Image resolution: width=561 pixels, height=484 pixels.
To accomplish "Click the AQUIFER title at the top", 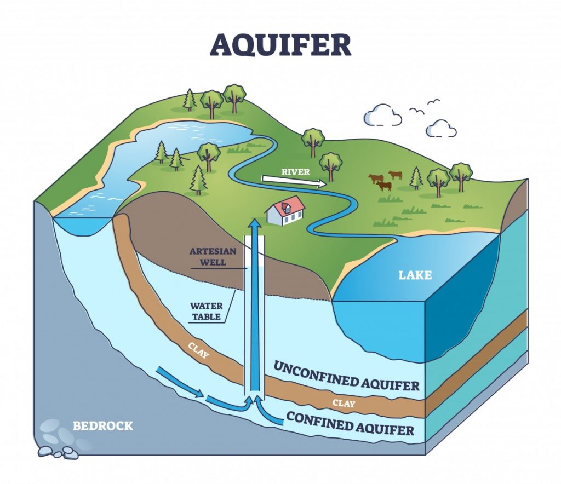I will pyautogui.click(x=280, y=45).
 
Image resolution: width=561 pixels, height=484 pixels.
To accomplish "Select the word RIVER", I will pyautogui.click(x=296, y=172).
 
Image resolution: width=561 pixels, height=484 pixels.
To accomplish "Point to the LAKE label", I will pyautogui.click(x=415, y=275).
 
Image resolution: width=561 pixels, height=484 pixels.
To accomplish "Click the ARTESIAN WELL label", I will pyautogui.click(x=213, y=257).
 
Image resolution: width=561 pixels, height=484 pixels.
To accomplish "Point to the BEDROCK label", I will pyautogui.click(x=102, y=425).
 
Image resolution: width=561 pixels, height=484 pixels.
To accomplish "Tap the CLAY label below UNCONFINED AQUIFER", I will pyautogui.click(x=344, y=404).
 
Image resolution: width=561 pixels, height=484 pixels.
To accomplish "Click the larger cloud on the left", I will pyautogui.click(x=382, y=116).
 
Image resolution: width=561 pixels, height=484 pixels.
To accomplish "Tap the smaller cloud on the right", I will pyautogui.click(x=441, y=129).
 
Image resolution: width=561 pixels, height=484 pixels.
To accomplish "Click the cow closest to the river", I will pyautogui.click(x=376, y=178).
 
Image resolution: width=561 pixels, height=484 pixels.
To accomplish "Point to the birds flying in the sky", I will pyautogui.click(x=425, y=107).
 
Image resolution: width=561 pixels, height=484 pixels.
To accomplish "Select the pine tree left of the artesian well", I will pyautogui.click(x=198, y=181).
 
